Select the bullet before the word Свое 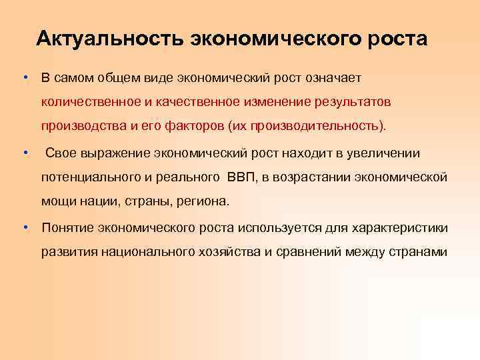[24, 153]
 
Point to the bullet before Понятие [24, 227]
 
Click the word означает [326, 77]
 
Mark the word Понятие [67, 228]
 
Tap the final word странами [416, 253]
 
